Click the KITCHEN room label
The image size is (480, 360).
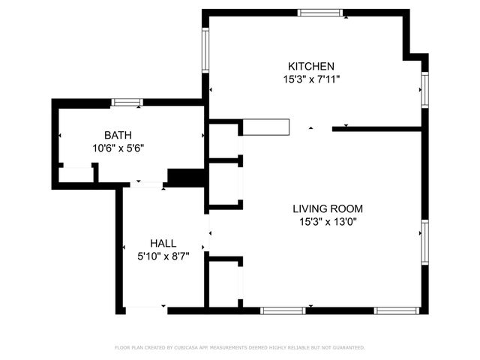coord(308,66)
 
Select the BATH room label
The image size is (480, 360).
coord(117,135)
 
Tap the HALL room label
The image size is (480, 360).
coord(163,243)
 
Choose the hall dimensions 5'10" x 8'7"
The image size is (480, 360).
coord(163,256)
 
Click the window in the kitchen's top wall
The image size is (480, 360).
coord(320,12)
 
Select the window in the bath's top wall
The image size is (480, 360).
coord(127,102)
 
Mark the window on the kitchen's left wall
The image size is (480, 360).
coord(205,50)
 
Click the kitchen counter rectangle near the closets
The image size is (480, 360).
coord(265,127)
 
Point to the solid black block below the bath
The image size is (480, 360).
coord(185,177)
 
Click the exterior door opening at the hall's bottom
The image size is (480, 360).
coord(145,308)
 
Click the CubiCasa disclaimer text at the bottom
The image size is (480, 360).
coord(239,348)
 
